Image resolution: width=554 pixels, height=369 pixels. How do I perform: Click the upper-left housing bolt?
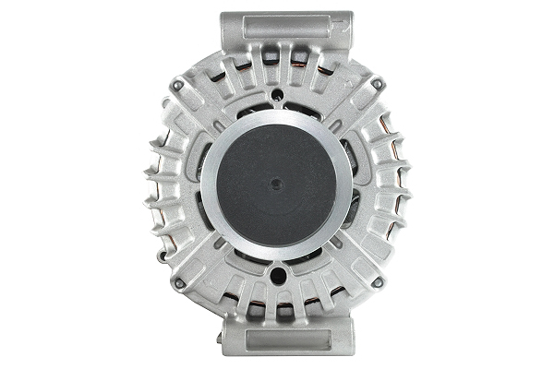tap(177, 86)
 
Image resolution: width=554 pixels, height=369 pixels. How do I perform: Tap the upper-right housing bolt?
tap(377, 85)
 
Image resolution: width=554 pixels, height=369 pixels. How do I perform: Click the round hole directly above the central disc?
tap(277, 94)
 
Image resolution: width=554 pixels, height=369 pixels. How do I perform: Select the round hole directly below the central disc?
tap(277, 273)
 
